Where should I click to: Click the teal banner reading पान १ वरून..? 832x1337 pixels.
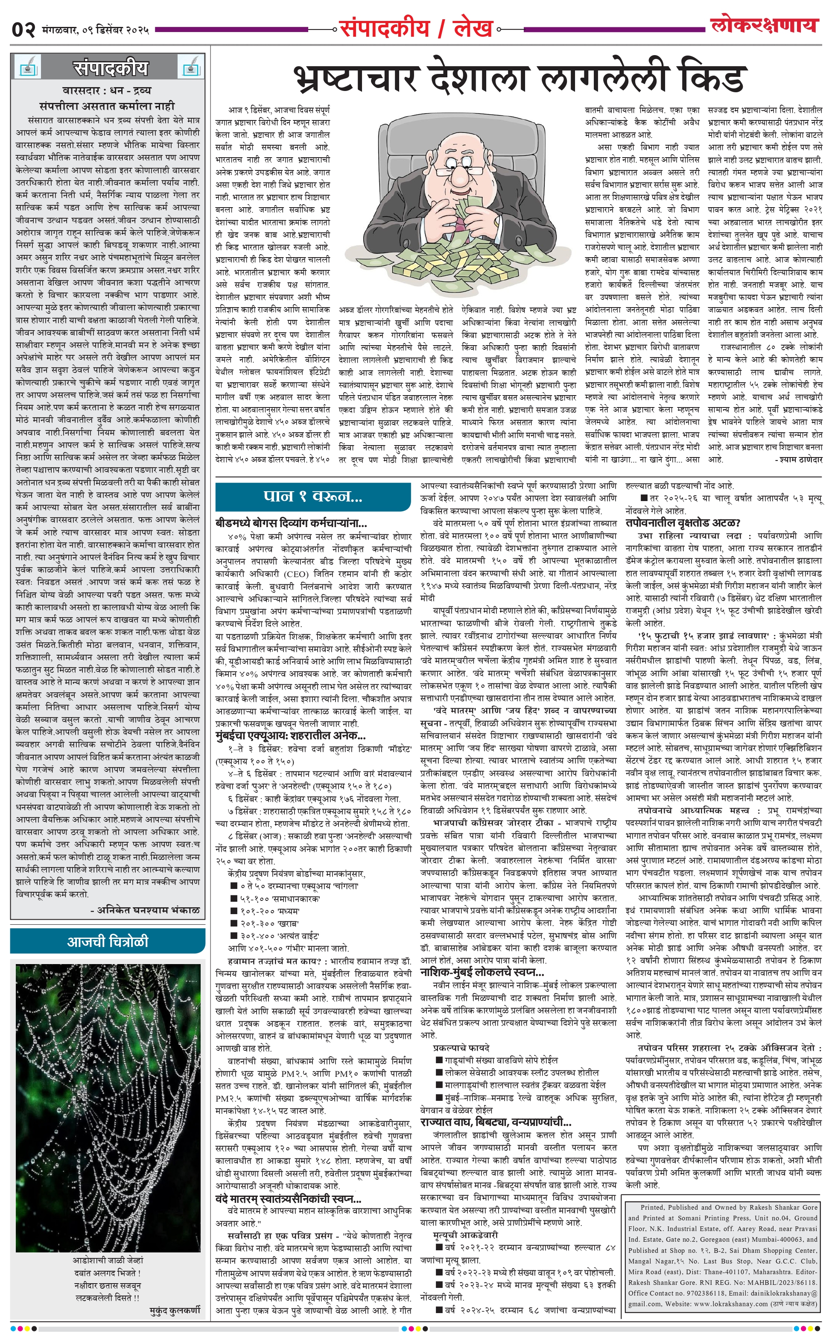(312, 496)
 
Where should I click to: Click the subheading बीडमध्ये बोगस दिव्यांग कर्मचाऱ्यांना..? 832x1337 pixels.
(291, 523)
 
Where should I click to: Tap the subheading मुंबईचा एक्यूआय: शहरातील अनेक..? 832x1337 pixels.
(291, 736)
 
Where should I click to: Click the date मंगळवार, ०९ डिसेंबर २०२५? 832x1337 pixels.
(95, 30)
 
